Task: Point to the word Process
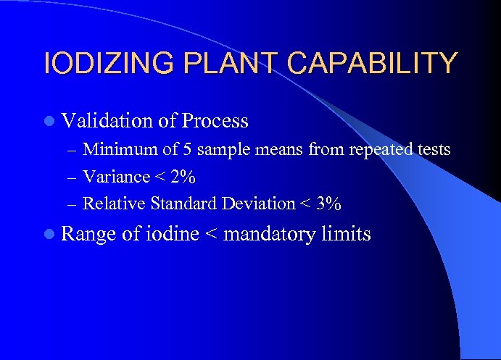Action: point(216,120)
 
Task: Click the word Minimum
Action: point(112,150)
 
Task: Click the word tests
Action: point(433,150)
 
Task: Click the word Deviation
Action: point(257,204)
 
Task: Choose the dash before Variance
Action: point(70,177)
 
